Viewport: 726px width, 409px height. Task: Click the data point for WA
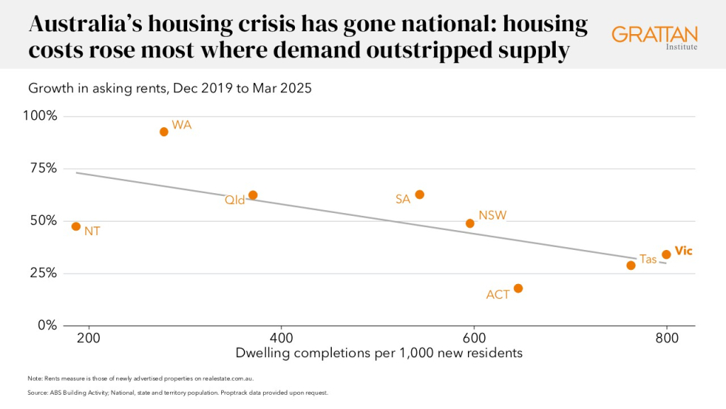(164, 132)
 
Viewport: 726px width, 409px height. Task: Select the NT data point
(76, 227)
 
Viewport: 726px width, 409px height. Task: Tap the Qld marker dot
(253, 195)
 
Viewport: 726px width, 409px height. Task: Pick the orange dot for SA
(420, 195)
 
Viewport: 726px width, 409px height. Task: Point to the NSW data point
(470, 224)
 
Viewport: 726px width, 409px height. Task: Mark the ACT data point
(518, 288)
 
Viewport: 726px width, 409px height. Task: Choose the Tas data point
(630, 266)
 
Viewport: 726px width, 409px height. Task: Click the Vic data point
(666, 255)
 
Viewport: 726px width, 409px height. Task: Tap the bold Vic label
(683, 251)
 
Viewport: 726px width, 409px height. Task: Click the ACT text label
(498, 295)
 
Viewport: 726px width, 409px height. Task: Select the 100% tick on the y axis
(40, 116)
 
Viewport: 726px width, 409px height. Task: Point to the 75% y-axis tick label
(43, 168)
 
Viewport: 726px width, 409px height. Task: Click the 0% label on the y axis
(48, 325)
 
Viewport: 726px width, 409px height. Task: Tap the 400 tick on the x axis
(281, 337)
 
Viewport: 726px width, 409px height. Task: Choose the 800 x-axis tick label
(666, 337)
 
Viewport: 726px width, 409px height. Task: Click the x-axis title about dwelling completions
(379, 354)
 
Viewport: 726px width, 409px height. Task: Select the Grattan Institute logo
(654, 38)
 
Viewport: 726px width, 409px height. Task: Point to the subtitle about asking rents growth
(170, 88)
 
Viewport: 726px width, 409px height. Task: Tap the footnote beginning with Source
(178, 393)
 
